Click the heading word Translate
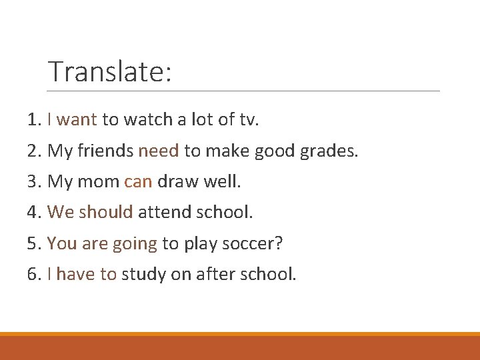tap(109, 72)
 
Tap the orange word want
tap(77, 120)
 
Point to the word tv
tap(249, 120)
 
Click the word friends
tap(105, 151)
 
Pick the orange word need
tap(159, 151)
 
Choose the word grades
tap(329, 151)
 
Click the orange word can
tap(138, 182)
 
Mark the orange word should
tap(106, 213)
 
